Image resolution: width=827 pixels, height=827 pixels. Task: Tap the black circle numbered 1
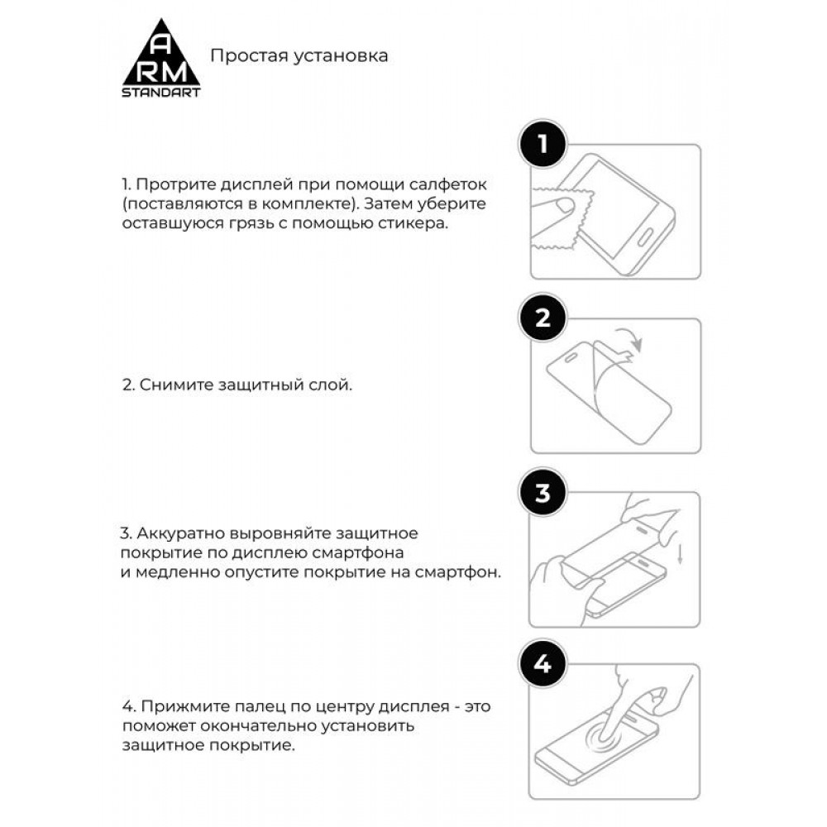click(x=543, y=145)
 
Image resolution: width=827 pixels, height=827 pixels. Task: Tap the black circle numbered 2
click(x=543, y=319)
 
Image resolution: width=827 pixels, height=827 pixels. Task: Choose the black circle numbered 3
click(x=543, y=494)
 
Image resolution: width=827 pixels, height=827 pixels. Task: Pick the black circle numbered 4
click(x=543, y=664)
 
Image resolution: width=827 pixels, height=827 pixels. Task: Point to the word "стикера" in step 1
click(x=420, y=224)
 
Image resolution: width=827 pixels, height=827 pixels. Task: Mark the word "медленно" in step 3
click(x=171, y=572)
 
